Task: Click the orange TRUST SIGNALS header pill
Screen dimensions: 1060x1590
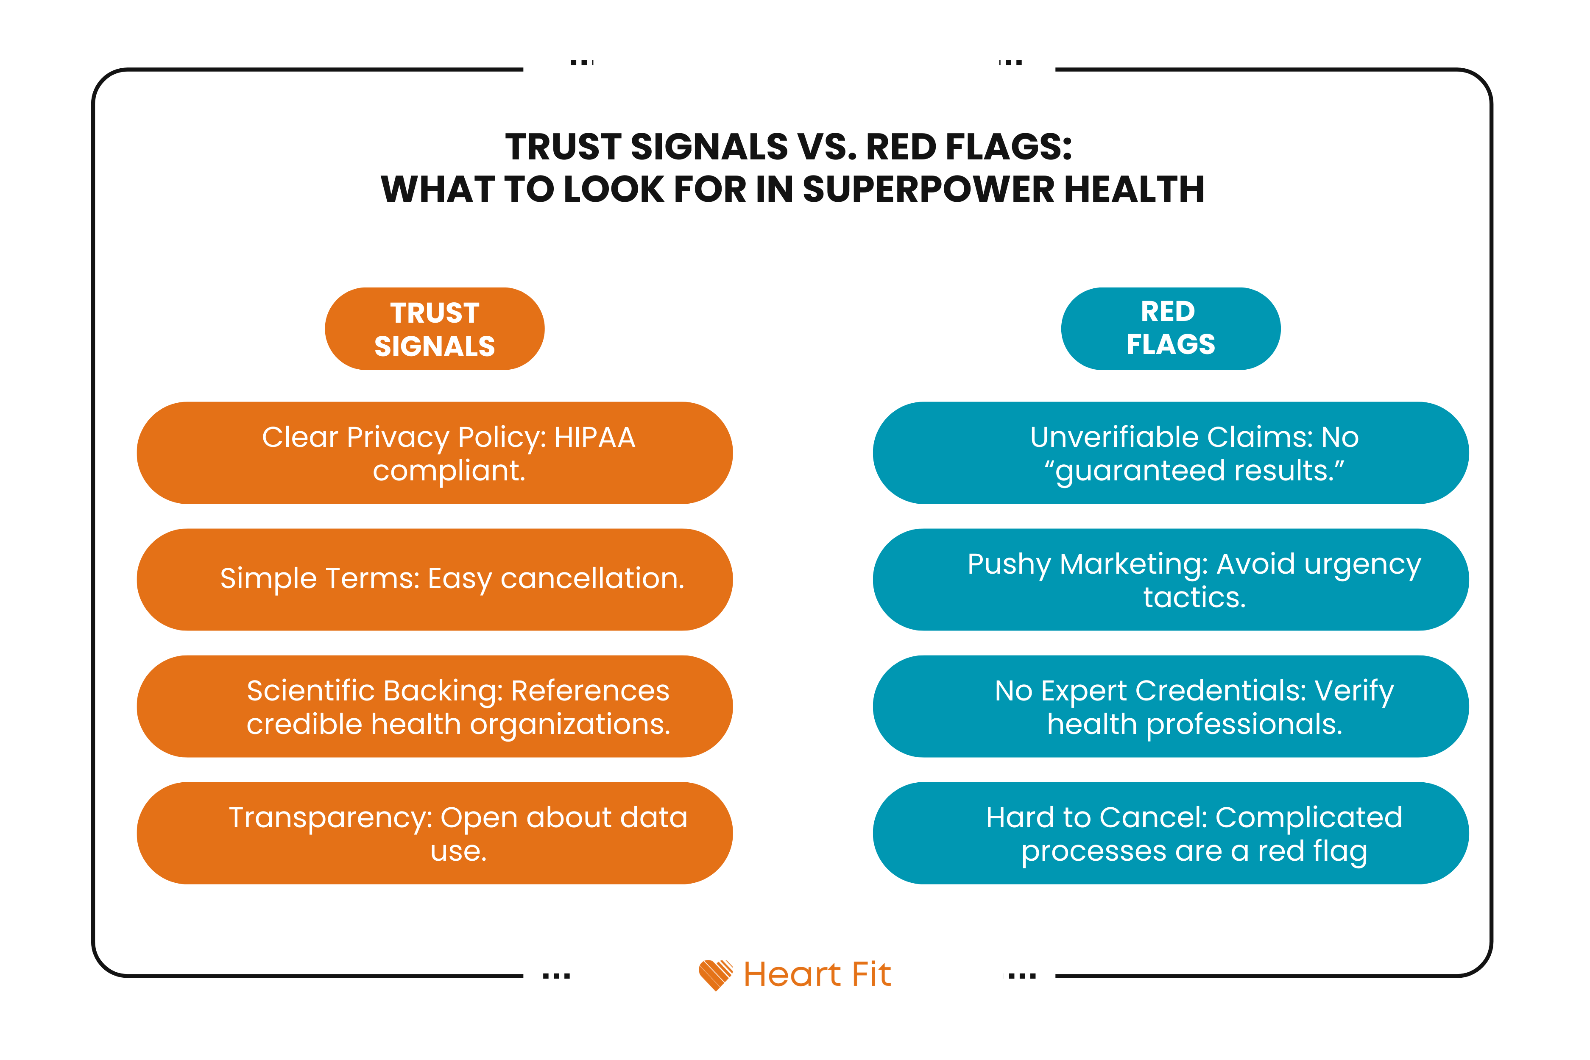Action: click(x=435, y=329)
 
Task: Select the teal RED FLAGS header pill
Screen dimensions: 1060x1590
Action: click(x=1170, y=329)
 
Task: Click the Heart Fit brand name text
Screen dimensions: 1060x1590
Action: click(x=817, y=974)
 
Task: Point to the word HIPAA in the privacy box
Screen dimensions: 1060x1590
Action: click(x=595, y=438)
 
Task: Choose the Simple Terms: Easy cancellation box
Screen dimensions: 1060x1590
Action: click(x=435, y=579)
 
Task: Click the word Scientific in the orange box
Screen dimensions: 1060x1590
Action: click(x=311, y=691)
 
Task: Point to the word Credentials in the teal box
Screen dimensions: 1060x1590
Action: click(x=1221, y=691)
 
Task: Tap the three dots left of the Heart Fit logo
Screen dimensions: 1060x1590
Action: click(x=556, y=976)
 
